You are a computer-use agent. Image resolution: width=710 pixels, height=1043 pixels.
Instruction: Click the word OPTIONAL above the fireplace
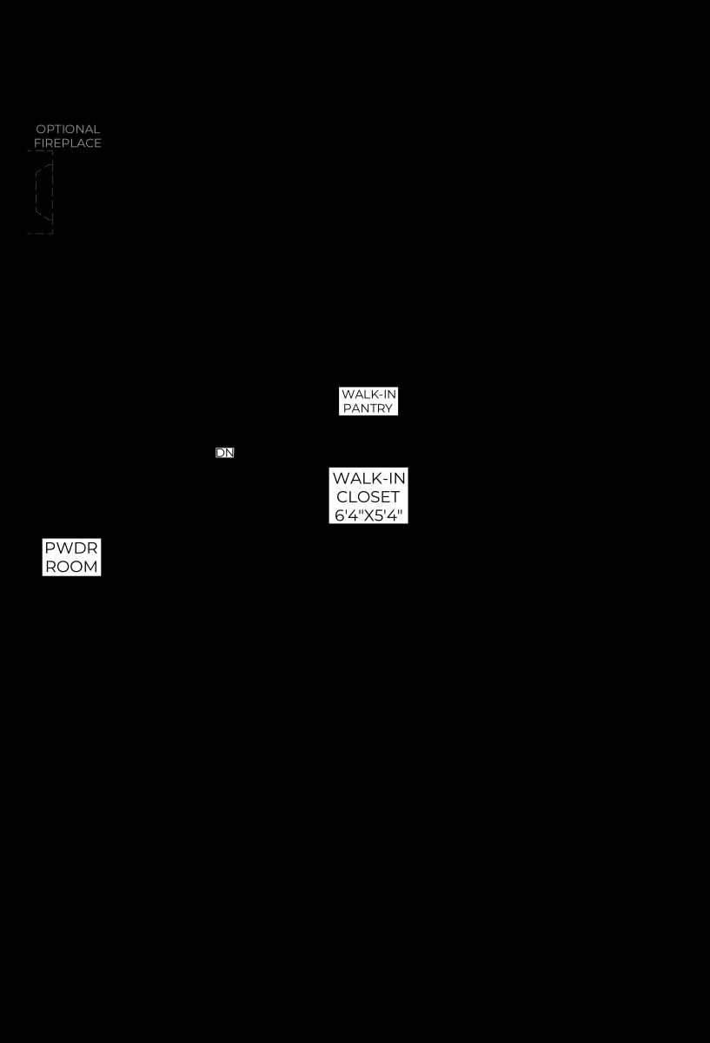click(x=68, y=129)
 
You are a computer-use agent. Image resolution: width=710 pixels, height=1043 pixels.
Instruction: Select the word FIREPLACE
click(x=68, y=143)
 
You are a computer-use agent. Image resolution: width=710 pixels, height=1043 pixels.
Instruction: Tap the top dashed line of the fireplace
click(x=40, y=151)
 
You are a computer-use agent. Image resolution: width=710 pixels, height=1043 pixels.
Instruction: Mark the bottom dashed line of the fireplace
click(x=40, y=233)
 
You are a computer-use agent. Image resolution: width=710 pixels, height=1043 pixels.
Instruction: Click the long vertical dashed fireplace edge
click(x=52, y=192)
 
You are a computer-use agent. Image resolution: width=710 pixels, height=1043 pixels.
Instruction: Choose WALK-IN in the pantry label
click(x=368, y=395)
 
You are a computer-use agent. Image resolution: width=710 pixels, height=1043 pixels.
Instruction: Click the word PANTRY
click(x=368, y=409)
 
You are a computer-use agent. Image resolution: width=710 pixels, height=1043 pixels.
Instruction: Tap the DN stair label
click(x=225, y=453)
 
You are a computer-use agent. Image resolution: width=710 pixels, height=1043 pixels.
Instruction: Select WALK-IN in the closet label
click(x=368, y=478)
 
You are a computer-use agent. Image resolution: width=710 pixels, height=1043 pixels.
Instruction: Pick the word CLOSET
click(x=368, y=497)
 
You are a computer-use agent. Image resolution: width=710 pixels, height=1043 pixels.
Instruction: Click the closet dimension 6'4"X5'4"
click(x=368, y=515)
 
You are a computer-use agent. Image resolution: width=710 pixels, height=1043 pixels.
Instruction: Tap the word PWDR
click(x=71, y=548)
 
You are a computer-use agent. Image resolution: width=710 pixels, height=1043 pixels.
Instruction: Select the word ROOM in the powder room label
click(x=72, y=567)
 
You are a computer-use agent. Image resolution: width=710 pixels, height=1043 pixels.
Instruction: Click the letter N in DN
click(x=229, y=453)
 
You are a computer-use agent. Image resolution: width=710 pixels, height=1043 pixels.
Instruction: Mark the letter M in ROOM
click(x=90, y=567)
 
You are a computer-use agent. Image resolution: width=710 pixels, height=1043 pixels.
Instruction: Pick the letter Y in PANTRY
click(x=388, y=409)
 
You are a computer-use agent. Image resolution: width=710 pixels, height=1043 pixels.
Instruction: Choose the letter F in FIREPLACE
click(x=37, y=143)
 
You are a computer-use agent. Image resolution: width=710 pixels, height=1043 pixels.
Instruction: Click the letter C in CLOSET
click(x=342, y=497)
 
